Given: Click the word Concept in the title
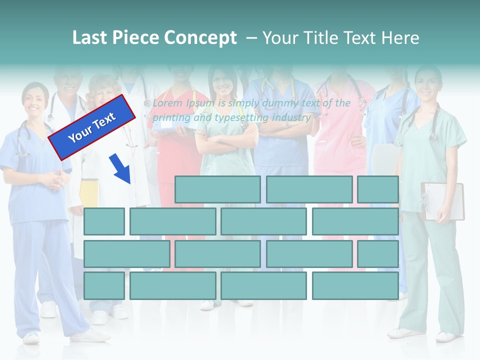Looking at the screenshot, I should (x=200, y=38).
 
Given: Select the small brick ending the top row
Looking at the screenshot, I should (x=378, y=189).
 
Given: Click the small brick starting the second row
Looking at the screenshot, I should (x=104, y=221).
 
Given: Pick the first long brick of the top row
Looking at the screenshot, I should (x=217, y=189).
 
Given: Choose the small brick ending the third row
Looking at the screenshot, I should (x=378, y=254).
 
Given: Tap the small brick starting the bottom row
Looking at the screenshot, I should (x=104, y=286).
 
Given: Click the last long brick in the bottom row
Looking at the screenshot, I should (x=355, y=286).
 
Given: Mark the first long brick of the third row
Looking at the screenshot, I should (x=126, y=254).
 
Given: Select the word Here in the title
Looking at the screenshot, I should (x=400, y=38).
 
